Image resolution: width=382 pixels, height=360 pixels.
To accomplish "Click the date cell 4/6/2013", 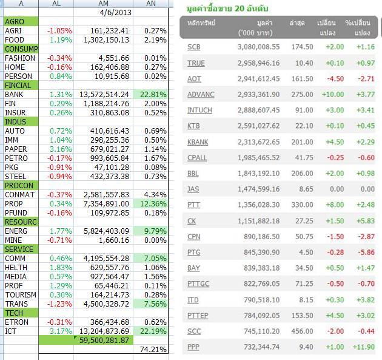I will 114,12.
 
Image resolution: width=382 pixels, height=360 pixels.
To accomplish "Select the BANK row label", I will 13,94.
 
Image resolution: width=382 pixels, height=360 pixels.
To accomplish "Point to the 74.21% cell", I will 153,350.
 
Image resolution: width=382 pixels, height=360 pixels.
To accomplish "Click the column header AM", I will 103,4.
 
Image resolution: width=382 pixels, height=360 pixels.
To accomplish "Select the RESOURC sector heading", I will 21,222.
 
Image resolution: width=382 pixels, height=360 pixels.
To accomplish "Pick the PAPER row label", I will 16,149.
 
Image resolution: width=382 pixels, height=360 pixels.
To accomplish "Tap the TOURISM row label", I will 20,294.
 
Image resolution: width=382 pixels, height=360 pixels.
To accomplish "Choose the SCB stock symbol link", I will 194,47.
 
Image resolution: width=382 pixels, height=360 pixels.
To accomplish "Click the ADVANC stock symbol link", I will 201,94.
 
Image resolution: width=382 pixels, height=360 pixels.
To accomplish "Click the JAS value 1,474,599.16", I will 260,189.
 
